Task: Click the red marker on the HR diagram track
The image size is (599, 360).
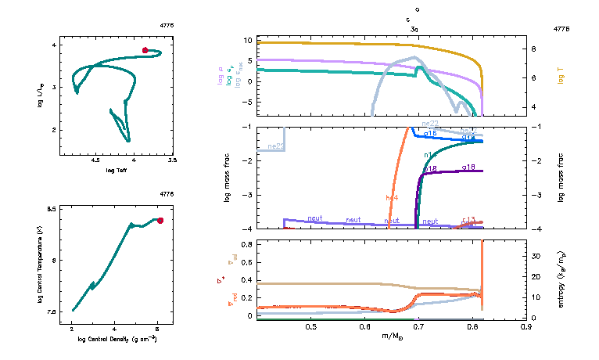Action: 145,50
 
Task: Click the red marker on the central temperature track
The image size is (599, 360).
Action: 160,221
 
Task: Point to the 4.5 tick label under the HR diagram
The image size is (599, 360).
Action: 95,160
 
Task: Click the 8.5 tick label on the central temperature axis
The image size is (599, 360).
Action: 52,209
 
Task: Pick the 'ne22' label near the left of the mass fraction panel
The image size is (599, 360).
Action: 275,146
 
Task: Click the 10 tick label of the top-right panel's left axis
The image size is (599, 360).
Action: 246,40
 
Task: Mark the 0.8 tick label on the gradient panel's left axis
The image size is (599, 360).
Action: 246,244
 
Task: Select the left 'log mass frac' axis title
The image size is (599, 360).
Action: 227,178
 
